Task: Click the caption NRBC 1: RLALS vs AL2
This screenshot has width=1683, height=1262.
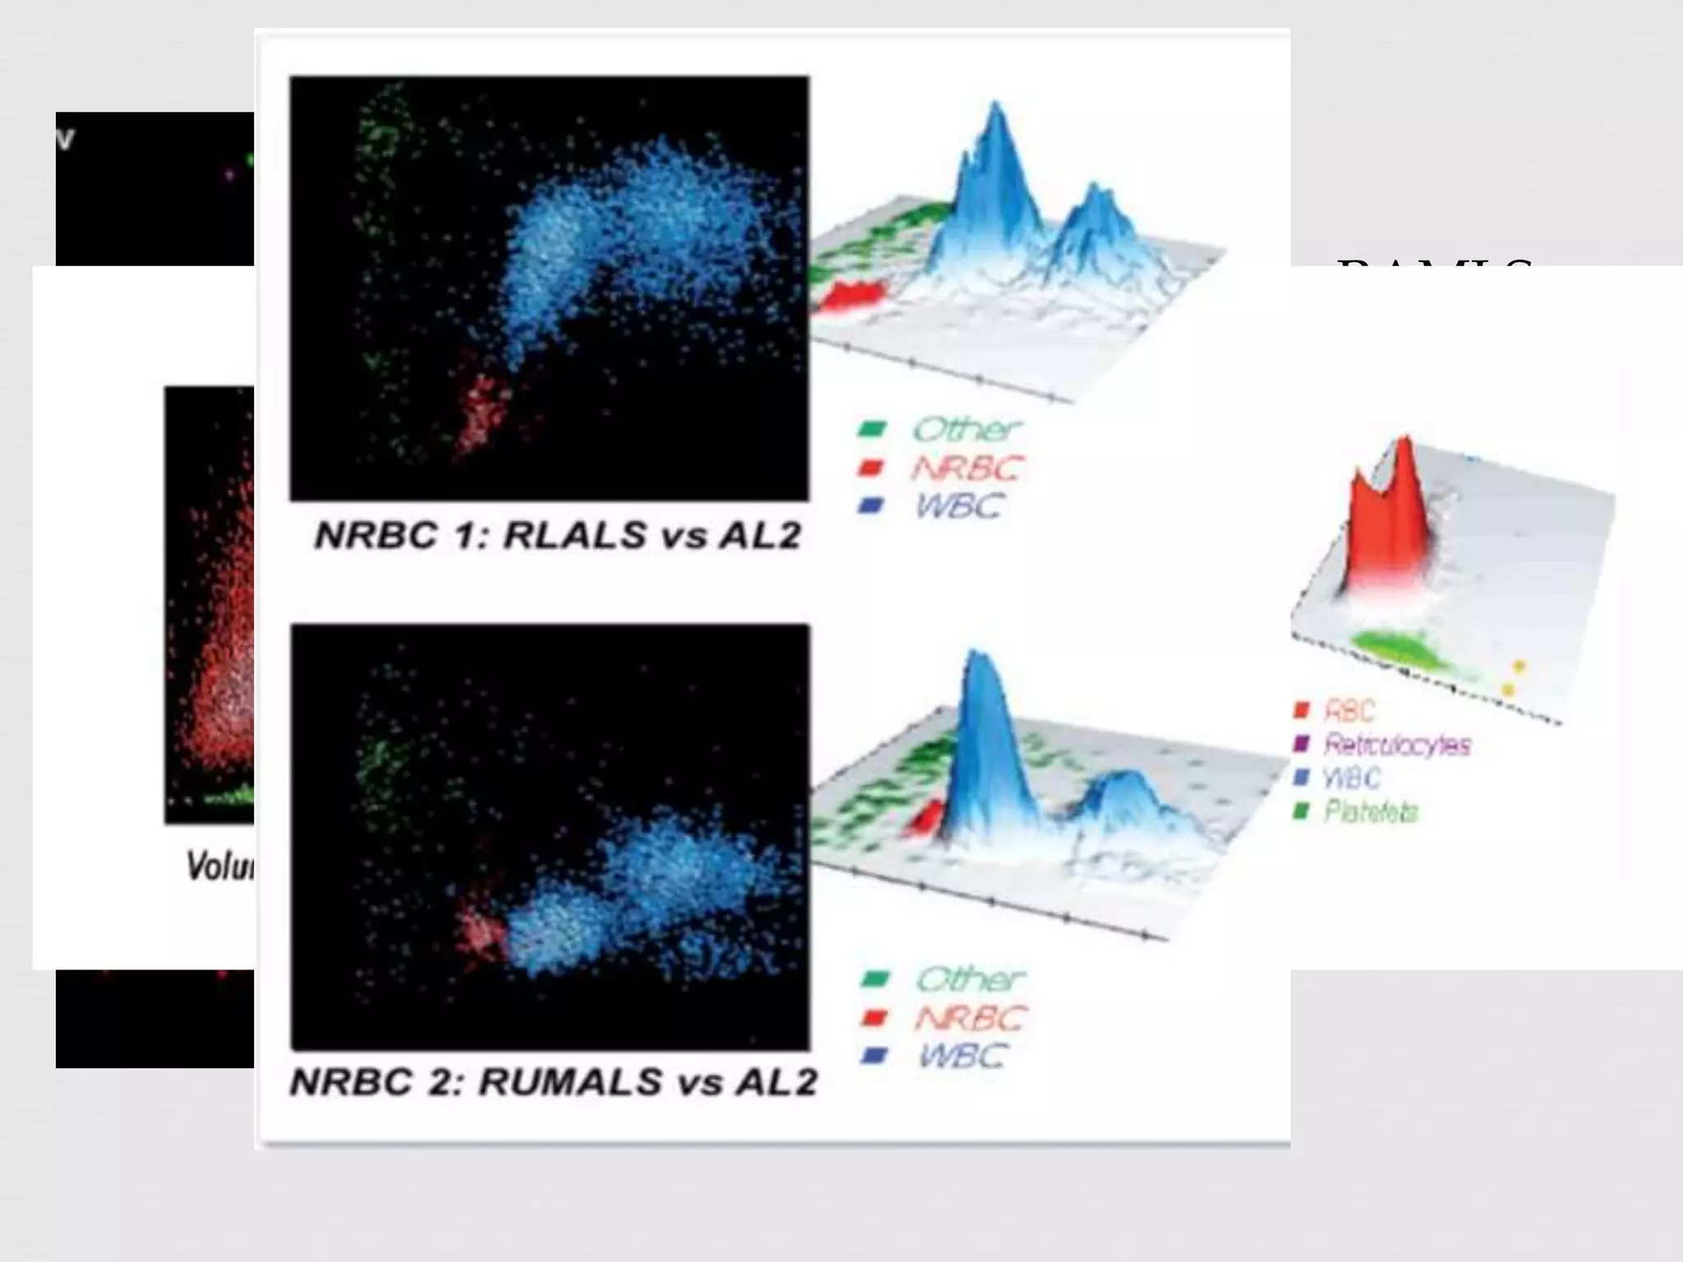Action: (557, 537)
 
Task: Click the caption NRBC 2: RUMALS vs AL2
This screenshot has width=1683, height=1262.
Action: (554, 1082)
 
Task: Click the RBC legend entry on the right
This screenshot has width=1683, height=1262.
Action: (1349, 710)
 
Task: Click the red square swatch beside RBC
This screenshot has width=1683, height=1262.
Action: (1301, 710)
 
